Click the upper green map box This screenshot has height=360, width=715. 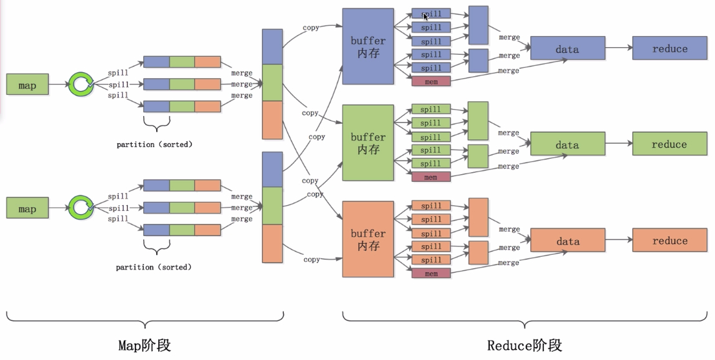coord(27,85)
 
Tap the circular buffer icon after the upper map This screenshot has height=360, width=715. coord(81,84)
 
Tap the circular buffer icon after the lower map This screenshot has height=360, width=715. coord(81,207)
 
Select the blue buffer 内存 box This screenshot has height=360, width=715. coord(368,46)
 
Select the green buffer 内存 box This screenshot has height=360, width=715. coord(368,143)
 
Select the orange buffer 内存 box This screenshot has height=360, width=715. coord(368,239)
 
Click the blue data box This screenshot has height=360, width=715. coord(567,48)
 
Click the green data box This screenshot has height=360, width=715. coord(567,145)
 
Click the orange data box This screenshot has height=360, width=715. coord(567,241)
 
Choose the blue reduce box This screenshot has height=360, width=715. coord(669,48)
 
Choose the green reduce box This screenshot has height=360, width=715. coord(669,144)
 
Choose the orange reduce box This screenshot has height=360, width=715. coord(669,240)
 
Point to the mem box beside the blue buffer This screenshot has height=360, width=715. coord(431,81)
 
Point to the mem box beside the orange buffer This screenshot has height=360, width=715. coord(431,274)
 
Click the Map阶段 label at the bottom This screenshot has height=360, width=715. coord(145,345)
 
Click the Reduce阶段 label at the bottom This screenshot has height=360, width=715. coord(524,345)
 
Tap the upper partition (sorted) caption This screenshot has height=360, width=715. coord(154,145)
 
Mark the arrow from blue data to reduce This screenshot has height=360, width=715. coord(618,48)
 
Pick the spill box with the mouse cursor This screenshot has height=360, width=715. coord(431,14)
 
